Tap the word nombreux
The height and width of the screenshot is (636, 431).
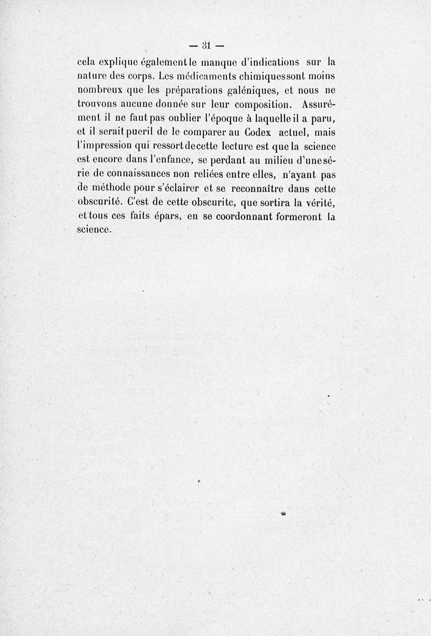click(99, 90)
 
